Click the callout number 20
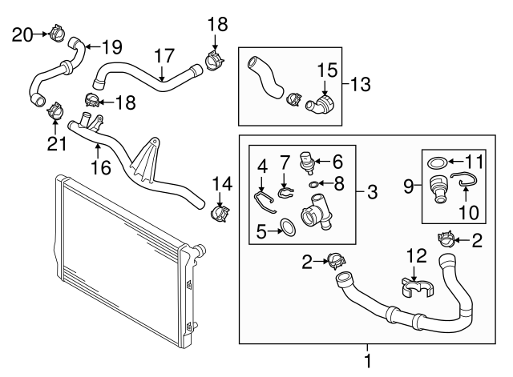tap(22, 35)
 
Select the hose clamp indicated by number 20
tap(57, 33)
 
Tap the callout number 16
tap(101, 167)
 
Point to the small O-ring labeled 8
tap(313, 185)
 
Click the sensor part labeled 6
tap(306, 161)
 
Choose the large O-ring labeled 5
tap(289, 227)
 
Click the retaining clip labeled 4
tap(265, 202)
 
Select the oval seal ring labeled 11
tap(438, 162)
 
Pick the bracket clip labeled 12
tap(415, 287)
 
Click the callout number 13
tap(361, 84)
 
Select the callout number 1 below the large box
tap(368, 361)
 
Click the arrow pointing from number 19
tap(93, 46)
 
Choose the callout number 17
tap(164, 56)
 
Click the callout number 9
tap(409, 186)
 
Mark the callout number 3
tap(372, 192)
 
